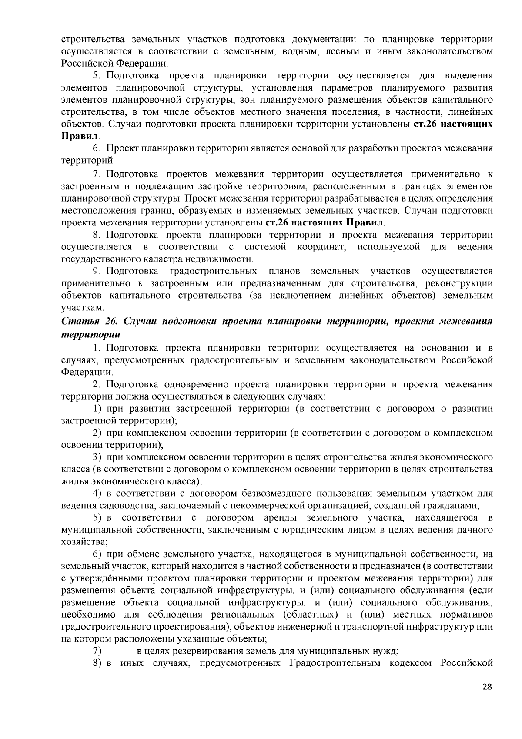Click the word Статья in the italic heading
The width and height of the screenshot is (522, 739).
(x=77, y=322)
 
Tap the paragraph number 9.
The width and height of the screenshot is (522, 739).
(x=97, y=271)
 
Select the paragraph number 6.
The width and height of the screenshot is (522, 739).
(x=97, y=148)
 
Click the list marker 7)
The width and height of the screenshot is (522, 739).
(x=97, y=652)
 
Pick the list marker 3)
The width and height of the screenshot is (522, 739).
(x=97, y=457)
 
